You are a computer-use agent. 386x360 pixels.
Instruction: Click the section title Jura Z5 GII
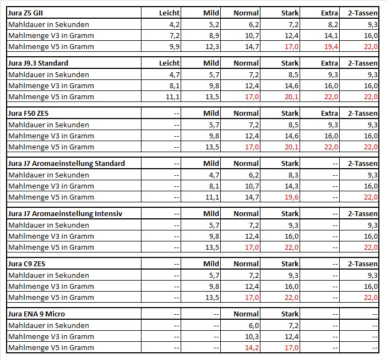click(25, 13)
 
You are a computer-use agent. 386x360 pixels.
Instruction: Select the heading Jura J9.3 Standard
click(38, 63)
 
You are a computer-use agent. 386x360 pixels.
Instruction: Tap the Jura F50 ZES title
click(28, 114)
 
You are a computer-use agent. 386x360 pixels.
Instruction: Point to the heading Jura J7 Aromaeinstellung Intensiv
click(65, 214)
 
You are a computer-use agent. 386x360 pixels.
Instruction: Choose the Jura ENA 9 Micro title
click(36, 314)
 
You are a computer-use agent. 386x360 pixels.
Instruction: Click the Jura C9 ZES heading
click(26, 264)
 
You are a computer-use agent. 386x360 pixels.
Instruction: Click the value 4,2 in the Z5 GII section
click(175, 25)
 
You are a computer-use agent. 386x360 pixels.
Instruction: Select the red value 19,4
click(331, 46)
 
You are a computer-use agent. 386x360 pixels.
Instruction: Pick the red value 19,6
click(291, 197)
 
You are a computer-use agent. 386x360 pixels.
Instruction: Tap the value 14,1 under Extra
click(331, 36)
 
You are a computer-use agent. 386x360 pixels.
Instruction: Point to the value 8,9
click(214, 36)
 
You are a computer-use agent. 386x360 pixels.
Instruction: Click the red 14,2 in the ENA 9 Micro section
click(252, 348)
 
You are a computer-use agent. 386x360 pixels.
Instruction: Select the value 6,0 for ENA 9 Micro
click(254, 325)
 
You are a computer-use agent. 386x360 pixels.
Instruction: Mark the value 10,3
click(252, 337)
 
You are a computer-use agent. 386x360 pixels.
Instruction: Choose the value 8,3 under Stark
click(293, 175)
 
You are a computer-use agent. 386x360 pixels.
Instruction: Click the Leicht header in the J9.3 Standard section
click(169, 63)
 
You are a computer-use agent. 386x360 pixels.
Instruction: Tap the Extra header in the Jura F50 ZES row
click(329, 114)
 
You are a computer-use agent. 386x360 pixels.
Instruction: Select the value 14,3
click(291, 186)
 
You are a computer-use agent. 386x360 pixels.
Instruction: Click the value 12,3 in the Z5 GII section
click(212, 46)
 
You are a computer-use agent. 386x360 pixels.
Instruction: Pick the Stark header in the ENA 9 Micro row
click(290, 314)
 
